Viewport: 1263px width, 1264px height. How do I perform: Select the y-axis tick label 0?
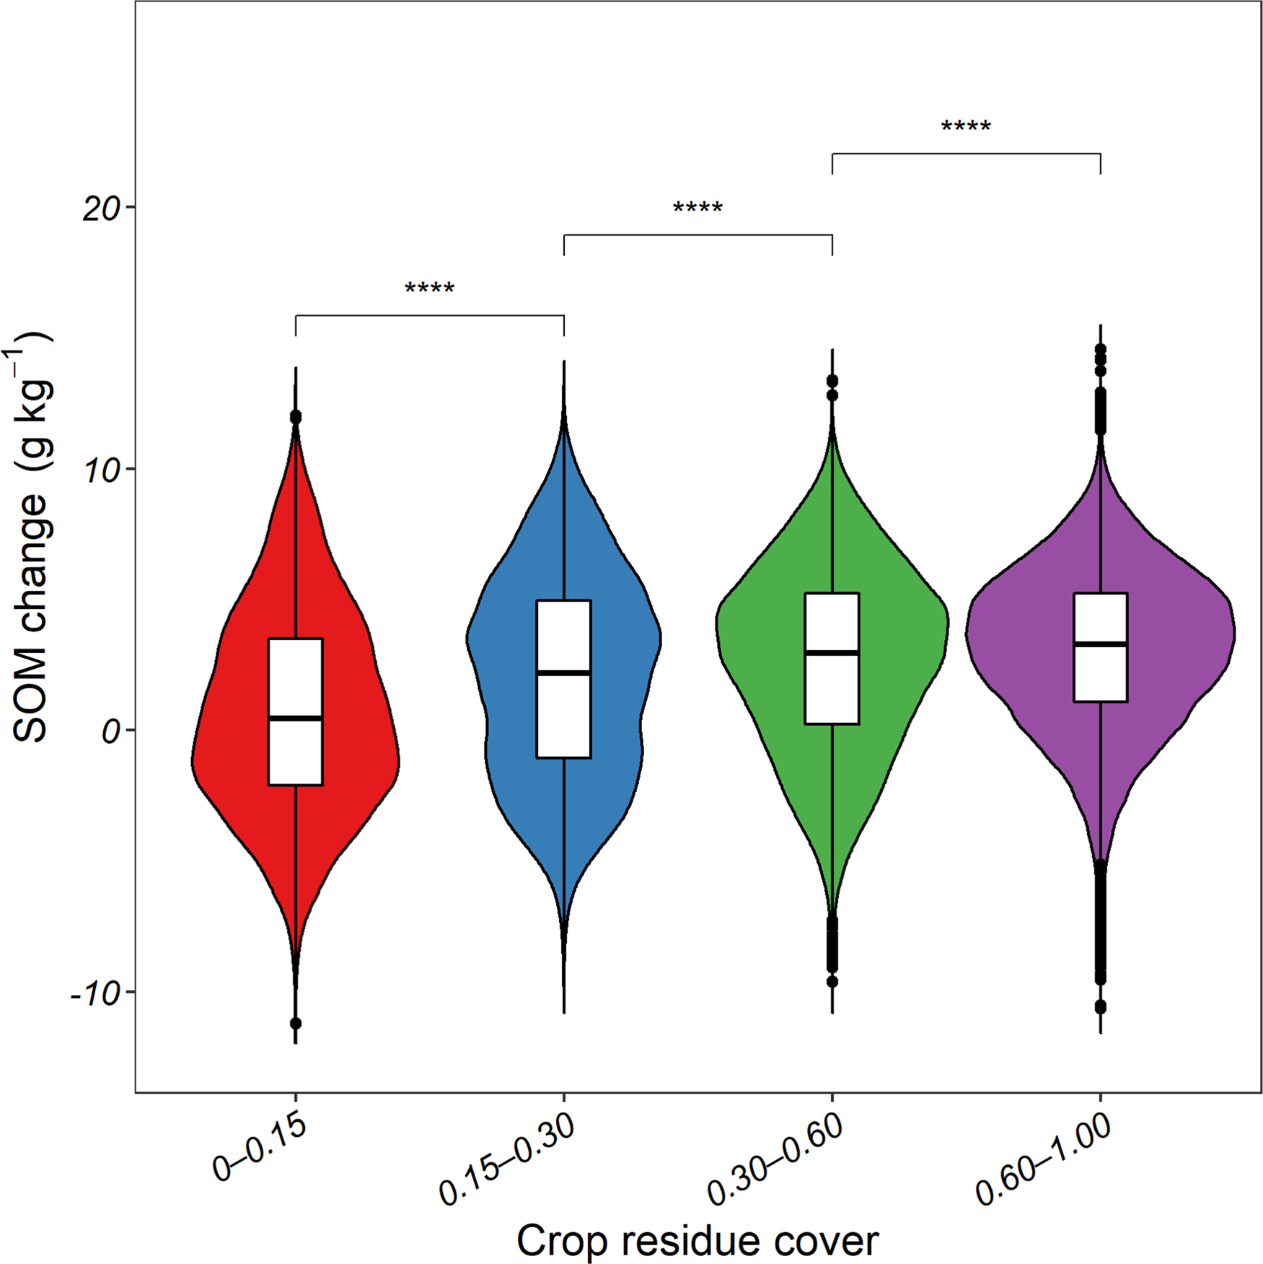click(x=110, y=732)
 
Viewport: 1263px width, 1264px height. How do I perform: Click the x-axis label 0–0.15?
click(x=260, y=1150)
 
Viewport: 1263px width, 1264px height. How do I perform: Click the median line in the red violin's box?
click(x=295, y=718)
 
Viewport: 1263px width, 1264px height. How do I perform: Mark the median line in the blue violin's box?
click(x=563, y=672)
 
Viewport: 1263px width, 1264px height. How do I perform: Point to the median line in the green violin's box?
click(x=832, y=652)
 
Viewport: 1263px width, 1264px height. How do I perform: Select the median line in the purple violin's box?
click(x=1100, y=644)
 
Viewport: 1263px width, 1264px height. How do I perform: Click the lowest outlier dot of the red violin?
click(x=295, y=1023)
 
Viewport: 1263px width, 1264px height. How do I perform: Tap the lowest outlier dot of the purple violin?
click(x=1100, y=1006)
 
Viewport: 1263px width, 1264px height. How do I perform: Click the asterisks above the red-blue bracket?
click(x=429, y=289)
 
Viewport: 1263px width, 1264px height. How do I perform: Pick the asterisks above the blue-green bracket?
click(x=697, y=209)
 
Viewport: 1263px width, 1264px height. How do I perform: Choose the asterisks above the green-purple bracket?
click(x=966, y=127)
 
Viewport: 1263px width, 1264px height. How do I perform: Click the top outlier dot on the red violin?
click(x=295, y=417)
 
